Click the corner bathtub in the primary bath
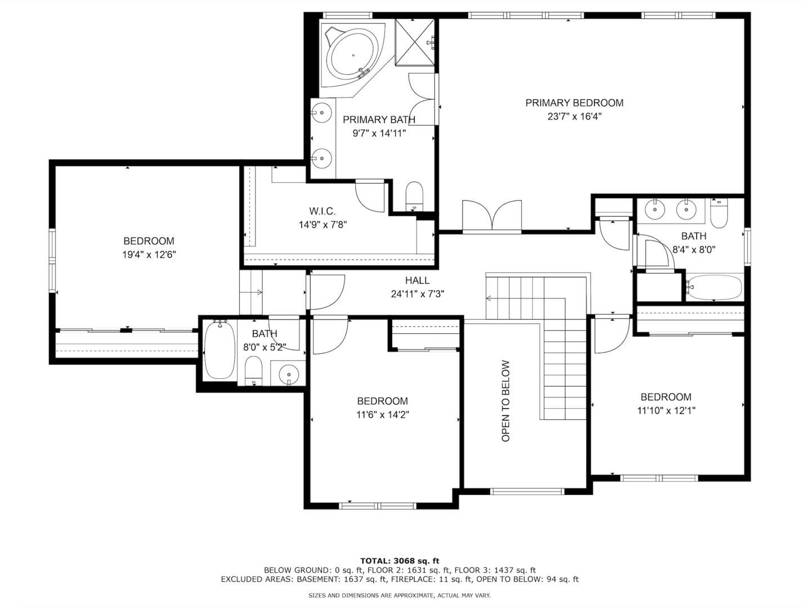(352, 56)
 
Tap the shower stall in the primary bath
(415, 42)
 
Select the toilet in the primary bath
(414, 194)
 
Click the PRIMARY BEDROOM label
(574, 103)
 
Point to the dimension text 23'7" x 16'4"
(574, 117)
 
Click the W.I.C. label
(322, 211)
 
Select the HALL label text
(417, 280)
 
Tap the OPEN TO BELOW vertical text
(505, 401)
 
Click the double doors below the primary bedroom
(492, 217)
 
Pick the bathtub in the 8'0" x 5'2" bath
(219, 350)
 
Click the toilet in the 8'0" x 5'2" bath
(254, 370)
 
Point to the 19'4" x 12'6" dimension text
(149, 254)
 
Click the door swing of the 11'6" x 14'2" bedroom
(330, 337)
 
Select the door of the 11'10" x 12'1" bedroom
(612, 336)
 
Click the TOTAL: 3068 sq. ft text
(400, 561)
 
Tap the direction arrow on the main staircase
(488, 298)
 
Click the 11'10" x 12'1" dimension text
(666, 411)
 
